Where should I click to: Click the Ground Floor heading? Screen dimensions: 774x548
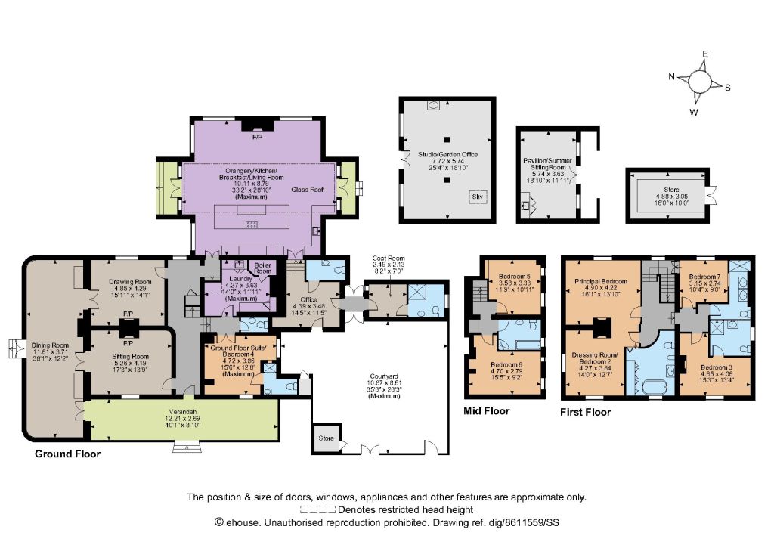67,454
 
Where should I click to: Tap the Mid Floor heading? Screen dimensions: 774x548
486,410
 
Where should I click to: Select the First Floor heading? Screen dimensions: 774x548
586,412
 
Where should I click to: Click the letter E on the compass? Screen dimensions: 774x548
705,54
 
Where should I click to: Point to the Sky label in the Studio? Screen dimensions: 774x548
478,197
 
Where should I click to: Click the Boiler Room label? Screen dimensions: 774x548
262,268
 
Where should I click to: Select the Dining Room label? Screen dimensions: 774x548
50,345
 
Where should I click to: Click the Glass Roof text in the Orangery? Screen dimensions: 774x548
307,190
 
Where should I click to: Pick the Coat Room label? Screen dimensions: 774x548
389,259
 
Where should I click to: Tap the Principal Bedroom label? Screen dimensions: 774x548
601,281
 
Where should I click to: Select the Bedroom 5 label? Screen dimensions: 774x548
514,277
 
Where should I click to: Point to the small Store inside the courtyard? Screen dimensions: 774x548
327,438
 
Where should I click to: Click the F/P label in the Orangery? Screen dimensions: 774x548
257,137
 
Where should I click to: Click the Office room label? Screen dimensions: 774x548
308,299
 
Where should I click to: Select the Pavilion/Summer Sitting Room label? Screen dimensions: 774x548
547,164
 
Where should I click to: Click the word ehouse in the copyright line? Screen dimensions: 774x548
242,522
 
